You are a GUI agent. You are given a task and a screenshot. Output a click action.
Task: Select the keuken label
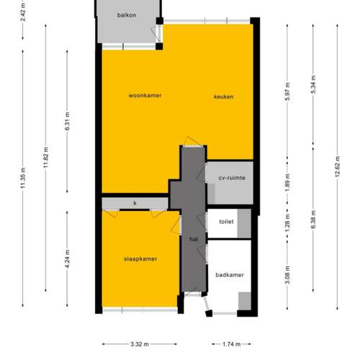[222, 97]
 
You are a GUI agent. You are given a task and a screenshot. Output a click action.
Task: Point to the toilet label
[227, 222]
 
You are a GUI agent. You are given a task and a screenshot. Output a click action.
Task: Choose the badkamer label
[229, 275]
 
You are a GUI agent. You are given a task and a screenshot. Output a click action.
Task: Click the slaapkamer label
[140, 259]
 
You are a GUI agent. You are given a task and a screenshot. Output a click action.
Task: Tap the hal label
[193, 239]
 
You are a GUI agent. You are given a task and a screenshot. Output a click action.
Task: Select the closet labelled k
[135, 203]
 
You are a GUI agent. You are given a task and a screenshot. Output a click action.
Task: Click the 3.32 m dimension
[140, 343]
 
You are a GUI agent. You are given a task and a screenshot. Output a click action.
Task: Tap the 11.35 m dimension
[22, 177]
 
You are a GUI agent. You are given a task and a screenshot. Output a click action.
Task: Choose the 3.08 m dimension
[287, 274]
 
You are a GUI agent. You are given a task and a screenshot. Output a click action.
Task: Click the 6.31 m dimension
[67, 119]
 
